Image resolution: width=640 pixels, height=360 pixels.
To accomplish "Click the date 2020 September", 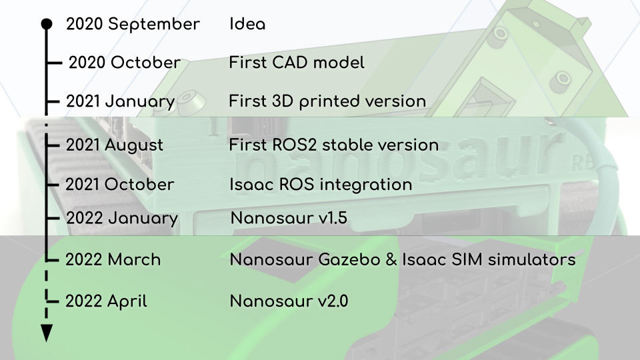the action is (x=133, y=25).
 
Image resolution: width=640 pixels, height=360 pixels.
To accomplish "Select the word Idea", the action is (x=247, y=24).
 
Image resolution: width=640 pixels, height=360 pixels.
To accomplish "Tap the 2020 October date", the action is (x=125, y=63).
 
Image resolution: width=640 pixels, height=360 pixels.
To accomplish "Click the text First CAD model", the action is (x=296, y=63).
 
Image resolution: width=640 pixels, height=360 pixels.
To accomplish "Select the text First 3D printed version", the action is (x=327, y=101).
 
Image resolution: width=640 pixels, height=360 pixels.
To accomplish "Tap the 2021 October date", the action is (x=119, y=184).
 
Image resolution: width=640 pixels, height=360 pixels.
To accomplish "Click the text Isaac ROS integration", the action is (x=321, y=185).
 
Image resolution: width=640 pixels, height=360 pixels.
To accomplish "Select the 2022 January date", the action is (x=122, y=219).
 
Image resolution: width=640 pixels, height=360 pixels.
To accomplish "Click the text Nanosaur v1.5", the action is (x=289, y=218).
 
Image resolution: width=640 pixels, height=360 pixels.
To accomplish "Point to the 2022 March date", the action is (x=113, y=259).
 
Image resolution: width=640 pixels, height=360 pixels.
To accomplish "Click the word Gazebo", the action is (x=349, y=259).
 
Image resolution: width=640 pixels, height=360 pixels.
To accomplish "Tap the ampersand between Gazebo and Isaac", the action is (x=391, y=259).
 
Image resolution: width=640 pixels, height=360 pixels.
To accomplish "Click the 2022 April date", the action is (x=106, y=302).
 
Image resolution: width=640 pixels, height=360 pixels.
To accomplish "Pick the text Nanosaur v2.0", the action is (x=289, y=301).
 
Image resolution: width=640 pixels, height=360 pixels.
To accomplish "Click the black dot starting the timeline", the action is (x=47, y=24).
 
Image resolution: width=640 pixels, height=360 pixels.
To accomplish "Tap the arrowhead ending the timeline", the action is (x=47, y=333).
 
